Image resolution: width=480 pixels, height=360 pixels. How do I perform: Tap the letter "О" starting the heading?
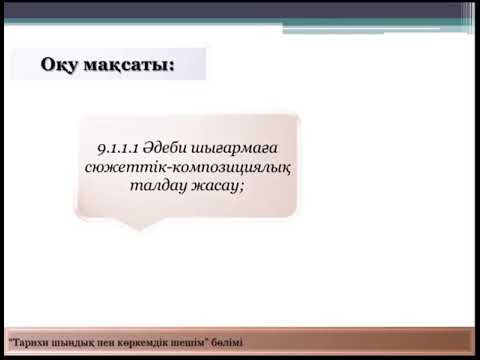[x=49, y=66]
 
